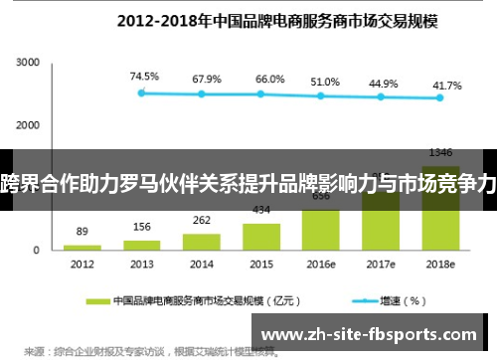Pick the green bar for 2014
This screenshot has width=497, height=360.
click(202, 242)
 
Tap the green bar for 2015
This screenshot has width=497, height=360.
click(260, 237)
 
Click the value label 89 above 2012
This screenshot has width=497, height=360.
click(83, 231)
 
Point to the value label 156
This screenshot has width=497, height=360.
click(142, 227)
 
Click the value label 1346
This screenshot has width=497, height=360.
click(440, 153)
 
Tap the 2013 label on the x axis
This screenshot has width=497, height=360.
click(142, 266)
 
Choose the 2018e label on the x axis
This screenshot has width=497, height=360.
click(440, 266)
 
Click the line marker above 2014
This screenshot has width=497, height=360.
click(202, 94)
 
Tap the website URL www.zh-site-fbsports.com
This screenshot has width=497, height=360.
click(374, 334)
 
